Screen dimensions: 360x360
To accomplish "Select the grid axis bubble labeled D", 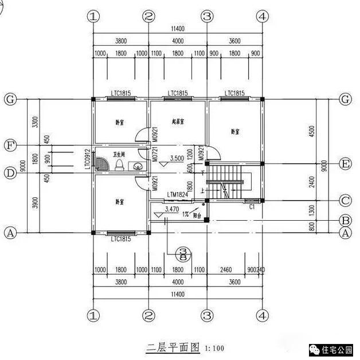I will (x=10, y=172).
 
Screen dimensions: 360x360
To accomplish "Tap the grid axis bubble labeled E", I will (x=345, y=164).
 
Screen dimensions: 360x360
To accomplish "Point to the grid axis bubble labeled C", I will (x=345, y=201).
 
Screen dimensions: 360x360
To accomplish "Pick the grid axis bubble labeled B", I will (x=345, y=220).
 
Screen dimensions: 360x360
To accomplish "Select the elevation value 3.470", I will (x=171, y=210).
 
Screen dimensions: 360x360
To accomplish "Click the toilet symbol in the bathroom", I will (x=119, y=165).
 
